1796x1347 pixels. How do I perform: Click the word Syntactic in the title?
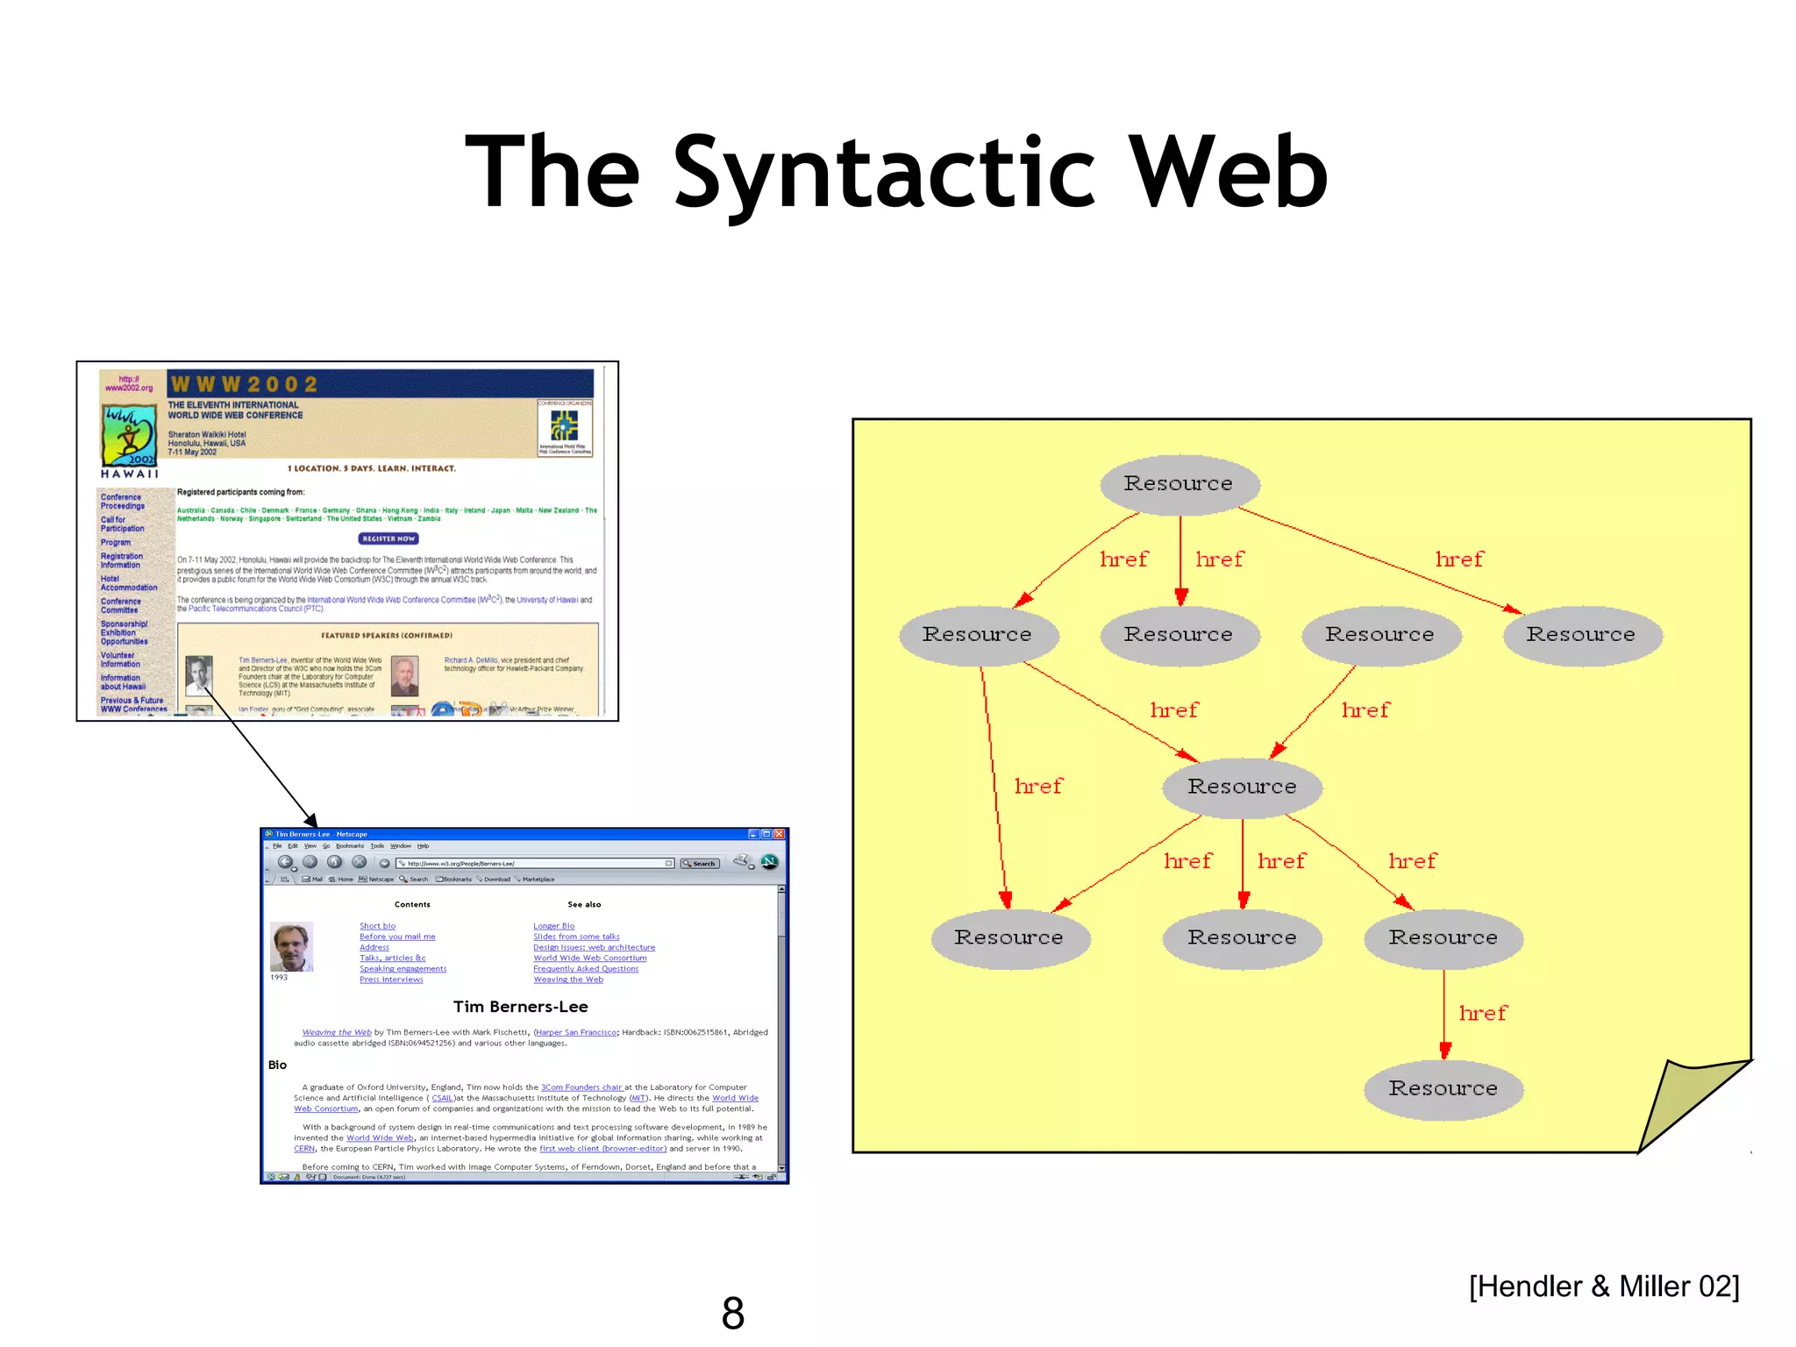(x=884, y=174)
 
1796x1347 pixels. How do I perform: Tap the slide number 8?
(x=733, y=1313)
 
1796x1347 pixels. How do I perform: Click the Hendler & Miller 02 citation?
(x=1603, y=1286)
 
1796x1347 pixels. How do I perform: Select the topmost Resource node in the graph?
(x=1179, y=484)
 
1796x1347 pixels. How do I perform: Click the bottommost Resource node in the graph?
(x=1443, y=1089)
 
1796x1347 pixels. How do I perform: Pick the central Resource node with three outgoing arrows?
(x=1242, y=787)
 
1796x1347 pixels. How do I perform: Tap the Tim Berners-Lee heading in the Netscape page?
(x=520, y=1007)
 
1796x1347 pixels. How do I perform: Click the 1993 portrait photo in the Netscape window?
(x=291, y=946)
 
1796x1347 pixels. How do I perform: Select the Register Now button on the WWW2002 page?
(x=388, y=538)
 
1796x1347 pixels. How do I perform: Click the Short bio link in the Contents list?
(x=377, y=926)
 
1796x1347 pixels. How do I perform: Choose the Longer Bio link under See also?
(x=553, y=926)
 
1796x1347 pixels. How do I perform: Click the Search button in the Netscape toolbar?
(x=700, y=864)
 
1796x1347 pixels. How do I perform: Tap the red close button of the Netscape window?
(x=779, y=834)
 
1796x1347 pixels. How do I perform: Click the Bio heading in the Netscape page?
(x=277, y=1065)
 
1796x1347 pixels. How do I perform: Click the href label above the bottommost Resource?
(x=1482, y=1014)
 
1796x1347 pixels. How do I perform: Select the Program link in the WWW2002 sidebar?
(x=115, y=543)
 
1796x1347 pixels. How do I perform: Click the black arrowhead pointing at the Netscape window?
(x=310, y=821)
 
